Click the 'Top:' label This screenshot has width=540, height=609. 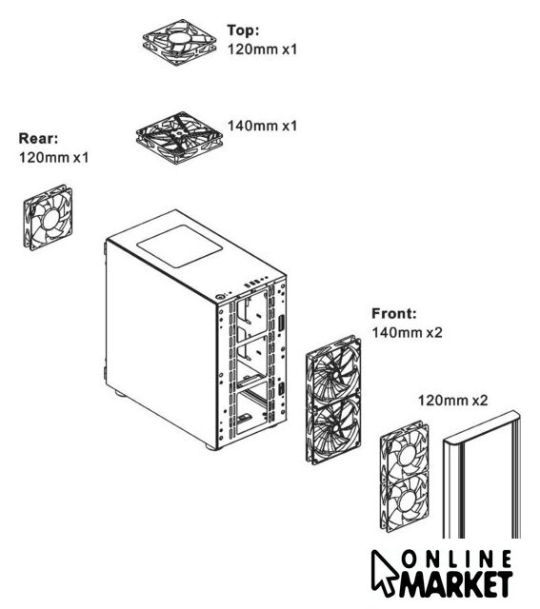pos(243,30)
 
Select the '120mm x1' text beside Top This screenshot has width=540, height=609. pos(262,49)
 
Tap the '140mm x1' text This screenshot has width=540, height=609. pos(262,126)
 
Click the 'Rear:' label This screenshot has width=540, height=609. pos(38,138)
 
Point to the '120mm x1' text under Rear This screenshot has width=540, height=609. pos(53,157)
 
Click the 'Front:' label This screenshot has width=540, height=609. pos(394,313)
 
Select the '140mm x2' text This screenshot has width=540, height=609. pos(407,332)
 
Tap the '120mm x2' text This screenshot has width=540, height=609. pos(452,400)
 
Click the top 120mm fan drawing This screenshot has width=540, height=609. pos(179,42)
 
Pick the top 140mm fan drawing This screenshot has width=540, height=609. pos(179,138)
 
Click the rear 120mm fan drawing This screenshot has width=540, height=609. pos(48,218)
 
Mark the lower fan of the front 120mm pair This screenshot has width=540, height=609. pos(405,502)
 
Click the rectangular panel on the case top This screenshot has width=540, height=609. pos(178,246)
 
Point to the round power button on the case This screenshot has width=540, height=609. pos(220,296)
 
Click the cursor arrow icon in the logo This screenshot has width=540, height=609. pos(382,573)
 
